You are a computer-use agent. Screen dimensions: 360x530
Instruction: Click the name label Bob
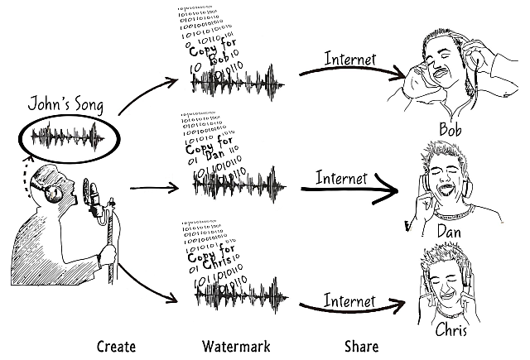[450, 131]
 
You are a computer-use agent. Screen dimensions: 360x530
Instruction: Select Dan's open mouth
[441, 189]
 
